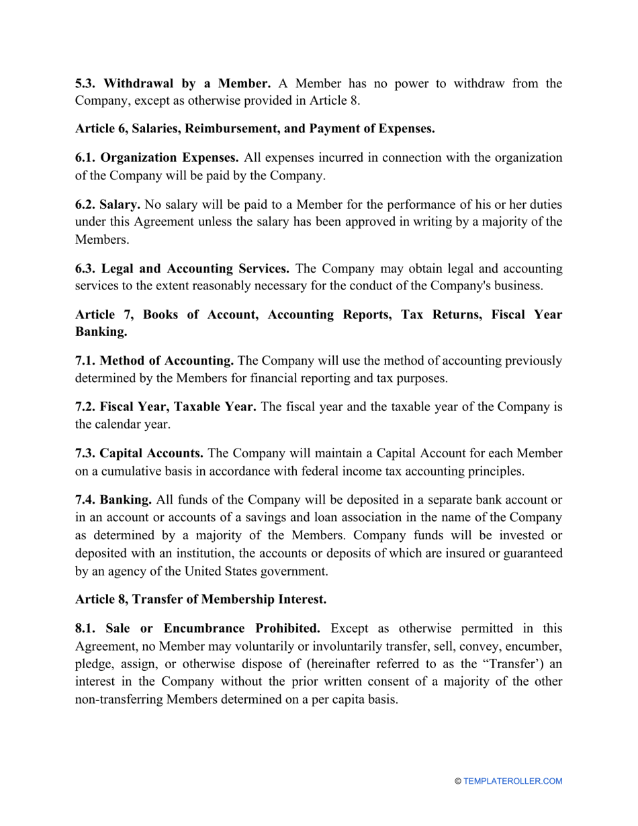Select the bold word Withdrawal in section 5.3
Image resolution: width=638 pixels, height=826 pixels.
(139, 84)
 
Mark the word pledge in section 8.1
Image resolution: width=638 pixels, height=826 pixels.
(93, 664)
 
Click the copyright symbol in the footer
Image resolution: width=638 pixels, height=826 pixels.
(458, 781)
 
